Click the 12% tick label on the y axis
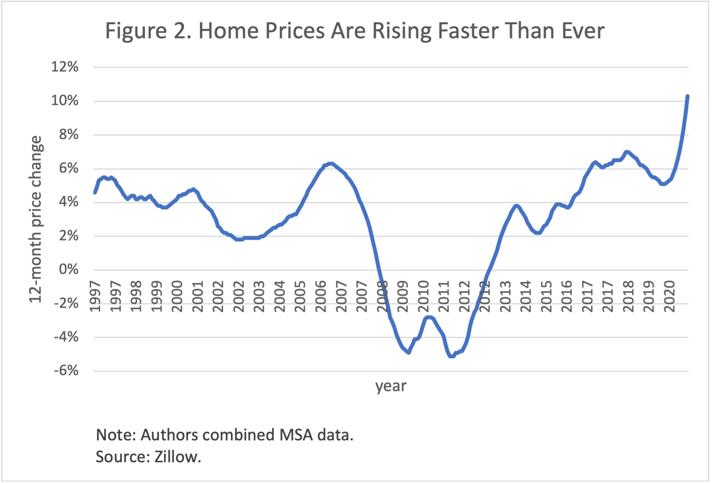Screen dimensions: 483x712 (x=64, y=67)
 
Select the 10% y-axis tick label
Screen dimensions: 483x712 (x=64, y=101)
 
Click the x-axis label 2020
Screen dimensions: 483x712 (x=669, y=296)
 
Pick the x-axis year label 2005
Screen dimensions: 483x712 (x=300, y=296)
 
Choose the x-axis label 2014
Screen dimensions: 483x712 (x=525, y=296)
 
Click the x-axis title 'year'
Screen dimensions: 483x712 (x=391, y=386)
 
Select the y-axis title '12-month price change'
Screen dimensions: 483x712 (x=36, y=219)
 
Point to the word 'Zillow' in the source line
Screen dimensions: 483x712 (x=176, y=456)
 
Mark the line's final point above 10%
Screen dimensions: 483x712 (x=687, y=96)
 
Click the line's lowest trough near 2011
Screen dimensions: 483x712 (x=451, y=356)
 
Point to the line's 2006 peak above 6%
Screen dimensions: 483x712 (x=331, y=164)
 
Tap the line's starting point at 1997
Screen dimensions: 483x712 (x=95, y=192)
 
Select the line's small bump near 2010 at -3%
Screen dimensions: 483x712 (x=429, y=317)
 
